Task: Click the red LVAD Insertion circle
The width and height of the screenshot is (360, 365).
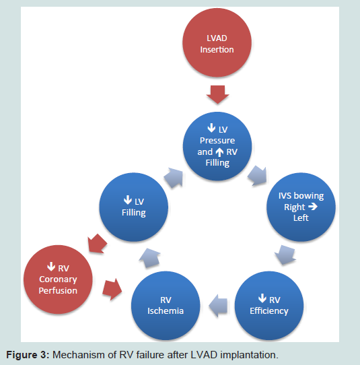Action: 217,42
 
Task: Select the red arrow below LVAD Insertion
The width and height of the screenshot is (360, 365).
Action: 217,94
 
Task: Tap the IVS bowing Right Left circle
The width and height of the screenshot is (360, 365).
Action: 301,207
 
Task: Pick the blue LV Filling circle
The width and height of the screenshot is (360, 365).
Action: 133,207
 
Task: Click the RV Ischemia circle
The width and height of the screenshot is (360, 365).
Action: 166,306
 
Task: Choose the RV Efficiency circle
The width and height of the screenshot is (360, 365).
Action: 269,306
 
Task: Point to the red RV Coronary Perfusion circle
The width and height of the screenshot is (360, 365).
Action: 58,279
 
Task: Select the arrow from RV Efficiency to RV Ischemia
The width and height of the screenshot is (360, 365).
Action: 218,306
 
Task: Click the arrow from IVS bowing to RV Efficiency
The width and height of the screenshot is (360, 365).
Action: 285,255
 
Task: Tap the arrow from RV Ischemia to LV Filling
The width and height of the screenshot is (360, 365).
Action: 150,258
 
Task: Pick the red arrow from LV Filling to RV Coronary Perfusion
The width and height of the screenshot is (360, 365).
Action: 98,244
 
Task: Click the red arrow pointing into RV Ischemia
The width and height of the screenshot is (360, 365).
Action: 112,289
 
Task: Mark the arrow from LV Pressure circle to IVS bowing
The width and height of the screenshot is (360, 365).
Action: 257,176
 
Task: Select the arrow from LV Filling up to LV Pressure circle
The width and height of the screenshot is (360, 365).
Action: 173,178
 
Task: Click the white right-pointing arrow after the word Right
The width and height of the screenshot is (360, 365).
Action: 313,207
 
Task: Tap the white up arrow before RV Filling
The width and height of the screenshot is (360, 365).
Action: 219,152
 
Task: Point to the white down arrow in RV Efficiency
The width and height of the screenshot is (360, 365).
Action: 262,298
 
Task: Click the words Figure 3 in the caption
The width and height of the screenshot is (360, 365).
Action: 28,355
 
